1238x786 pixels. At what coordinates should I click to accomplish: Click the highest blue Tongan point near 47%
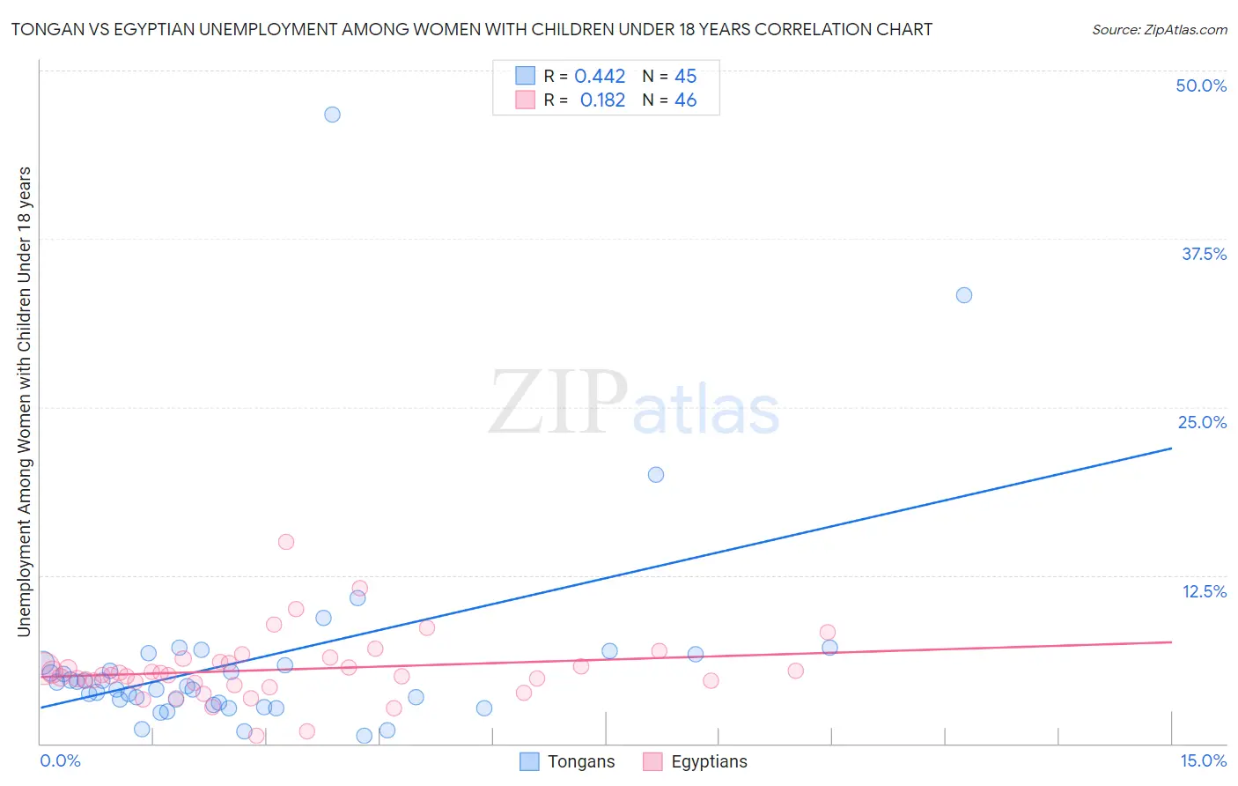(x=332, y=115)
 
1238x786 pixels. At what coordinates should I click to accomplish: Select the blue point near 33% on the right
(x=964, y=295)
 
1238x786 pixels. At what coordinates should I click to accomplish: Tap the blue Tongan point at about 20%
(x=656, y=475)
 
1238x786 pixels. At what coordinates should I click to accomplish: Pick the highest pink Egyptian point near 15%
(x=286, y=542)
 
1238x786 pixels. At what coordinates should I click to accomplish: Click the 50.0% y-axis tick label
(x=1201, y=85)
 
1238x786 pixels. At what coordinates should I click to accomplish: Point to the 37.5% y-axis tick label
(x=1204, y=254)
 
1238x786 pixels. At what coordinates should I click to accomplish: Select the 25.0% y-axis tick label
(x=1202, y=422)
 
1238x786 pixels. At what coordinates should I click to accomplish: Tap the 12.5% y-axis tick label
(x=1204, y=591)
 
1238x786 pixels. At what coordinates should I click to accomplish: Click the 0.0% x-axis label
(x=61, y=760)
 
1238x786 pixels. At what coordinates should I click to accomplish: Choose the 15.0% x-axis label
(x=1203, y=760)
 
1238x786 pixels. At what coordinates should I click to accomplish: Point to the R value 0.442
(x=600, y=77)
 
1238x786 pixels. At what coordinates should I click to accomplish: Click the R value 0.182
(x=602, y=100)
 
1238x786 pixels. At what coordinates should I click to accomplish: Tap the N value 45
(x=685, y=77)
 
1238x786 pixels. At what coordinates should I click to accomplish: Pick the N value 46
(x=685, y=100)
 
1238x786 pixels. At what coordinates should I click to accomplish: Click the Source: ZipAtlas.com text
(x=1159, y=30)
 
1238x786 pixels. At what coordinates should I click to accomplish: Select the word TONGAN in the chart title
(x=42, y=30)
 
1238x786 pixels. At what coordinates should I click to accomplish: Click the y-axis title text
(x=24, y=401)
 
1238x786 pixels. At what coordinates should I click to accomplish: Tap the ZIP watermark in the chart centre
(x=558, y=402)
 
